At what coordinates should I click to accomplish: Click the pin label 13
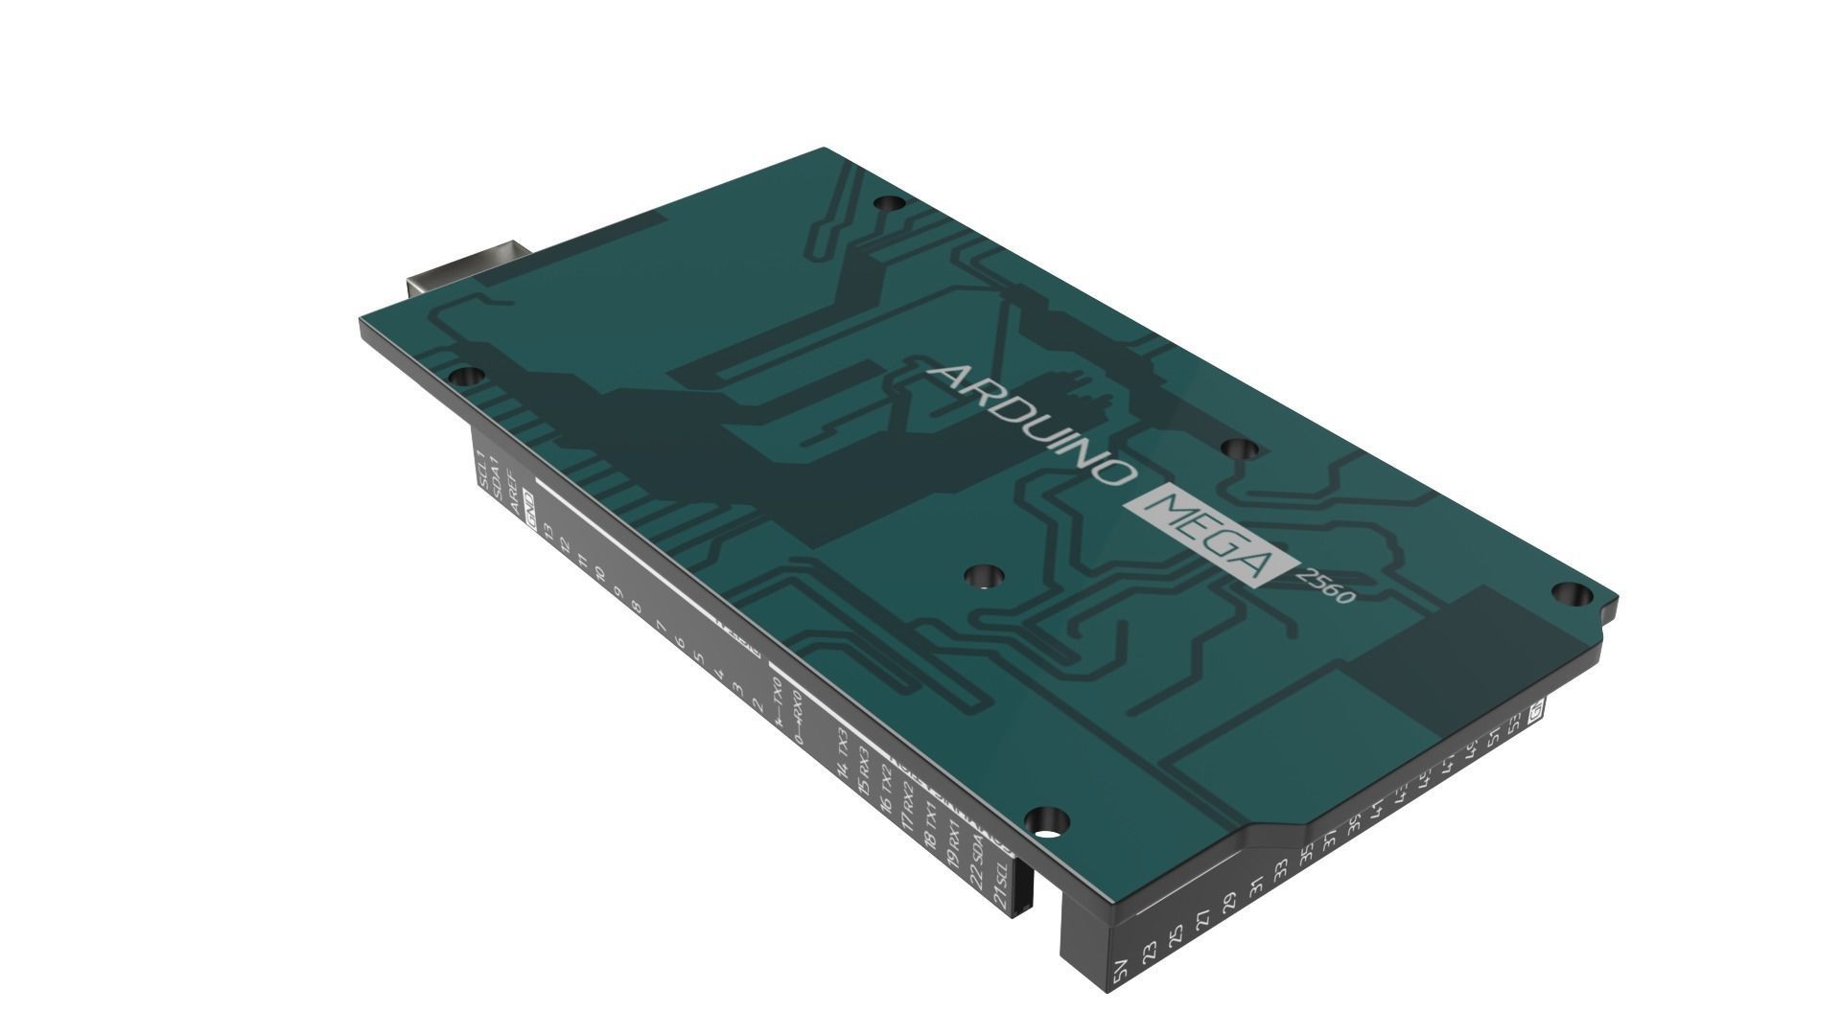coord(549,533)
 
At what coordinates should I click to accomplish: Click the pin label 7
coord(662,627)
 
